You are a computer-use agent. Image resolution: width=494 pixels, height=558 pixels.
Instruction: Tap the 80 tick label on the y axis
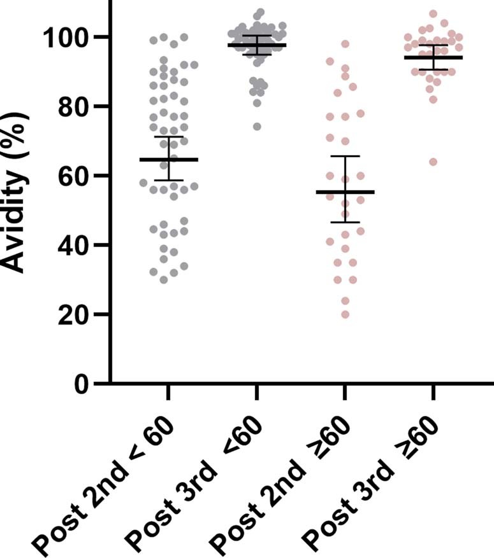click(72, 106)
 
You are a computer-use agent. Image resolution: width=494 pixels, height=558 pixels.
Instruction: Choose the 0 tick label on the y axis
click(80, 384)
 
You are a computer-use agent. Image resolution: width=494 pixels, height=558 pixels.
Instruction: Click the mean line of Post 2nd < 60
click(168, 159)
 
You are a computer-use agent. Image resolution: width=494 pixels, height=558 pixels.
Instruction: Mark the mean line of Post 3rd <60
click(257, 45)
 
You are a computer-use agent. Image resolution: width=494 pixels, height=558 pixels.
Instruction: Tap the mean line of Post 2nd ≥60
click(345, 192)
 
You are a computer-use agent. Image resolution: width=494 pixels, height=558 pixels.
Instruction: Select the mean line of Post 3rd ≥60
click(433, 57)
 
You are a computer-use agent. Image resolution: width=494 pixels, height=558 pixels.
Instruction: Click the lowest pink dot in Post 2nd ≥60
click(345, 314)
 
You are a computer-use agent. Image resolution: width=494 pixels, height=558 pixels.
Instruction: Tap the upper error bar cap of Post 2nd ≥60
click(345, 156)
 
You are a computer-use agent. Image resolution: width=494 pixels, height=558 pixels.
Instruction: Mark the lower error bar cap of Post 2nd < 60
click(168, 180)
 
